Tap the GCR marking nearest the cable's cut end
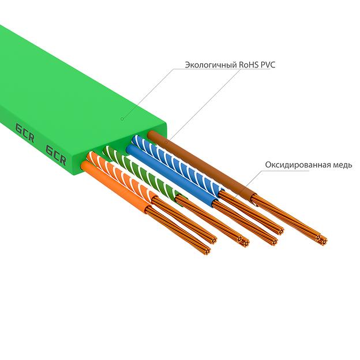[x=56, y=153]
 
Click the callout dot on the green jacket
[x=122, y=119]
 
